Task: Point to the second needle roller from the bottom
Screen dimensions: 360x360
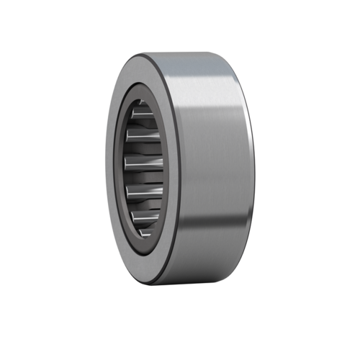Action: point(145,214)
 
